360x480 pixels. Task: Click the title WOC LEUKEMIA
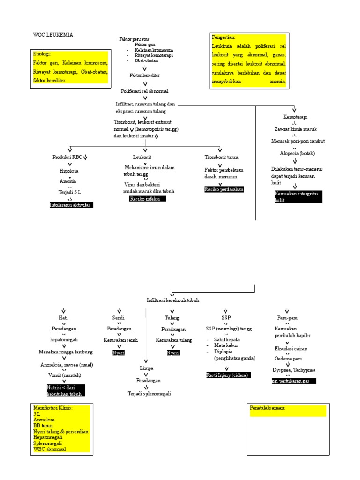53,35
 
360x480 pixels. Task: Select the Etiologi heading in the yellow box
42,54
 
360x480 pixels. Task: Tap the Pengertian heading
224,37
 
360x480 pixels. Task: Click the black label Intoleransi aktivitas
71,205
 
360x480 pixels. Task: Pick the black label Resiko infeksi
147,199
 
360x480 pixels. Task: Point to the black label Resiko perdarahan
224,189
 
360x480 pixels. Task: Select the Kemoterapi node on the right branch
295,117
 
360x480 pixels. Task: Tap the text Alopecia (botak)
297,153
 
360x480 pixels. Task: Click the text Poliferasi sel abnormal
145,91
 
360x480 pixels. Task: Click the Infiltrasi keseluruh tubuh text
172,300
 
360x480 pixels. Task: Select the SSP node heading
226,317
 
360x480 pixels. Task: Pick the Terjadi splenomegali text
149,393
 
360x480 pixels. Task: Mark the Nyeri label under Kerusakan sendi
119,352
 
